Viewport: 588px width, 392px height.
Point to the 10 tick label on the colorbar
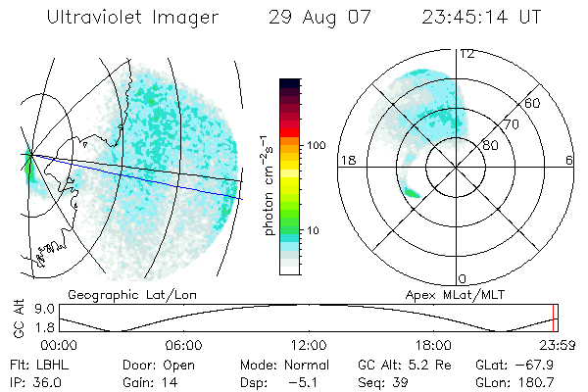tap(312, 231)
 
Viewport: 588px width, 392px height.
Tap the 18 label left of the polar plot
tap(345, 160)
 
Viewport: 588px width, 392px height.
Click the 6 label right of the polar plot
tap(569, 160)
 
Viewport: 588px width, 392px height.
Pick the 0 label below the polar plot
tap(463, 278)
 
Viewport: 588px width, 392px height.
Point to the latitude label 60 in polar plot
tap(533, 103)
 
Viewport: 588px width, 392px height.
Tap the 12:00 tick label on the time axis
tap(309, 345)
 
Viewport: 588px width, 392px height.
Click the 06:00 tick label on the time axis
tap(183, 345)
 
